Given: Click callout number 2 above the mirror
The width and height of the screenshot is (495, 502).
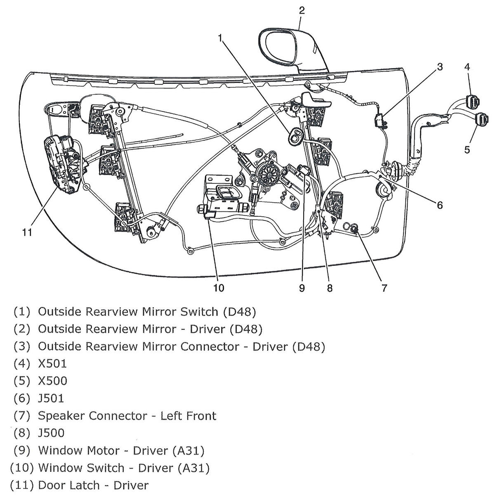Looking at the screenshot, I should click(x=302, y=10).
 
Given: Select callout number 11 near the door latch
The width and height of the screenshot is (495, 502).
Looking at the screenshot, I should click(x=27, y=232).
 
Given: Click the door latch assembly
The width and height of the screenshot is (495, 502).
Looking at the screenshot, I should click(x=63, y=164).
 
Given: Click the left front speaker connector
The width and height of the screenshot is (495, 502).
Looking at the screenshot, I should click(x=354, y=229).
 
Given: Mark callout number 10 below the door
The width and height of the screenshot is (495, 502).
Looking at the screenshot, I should click(x=219, y=288).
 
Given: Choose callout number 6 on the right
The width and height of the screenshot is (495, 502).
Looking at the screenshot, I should click(x=440, y=205).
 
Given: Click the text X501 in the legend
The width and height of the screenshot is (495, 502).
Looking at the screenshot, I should click(x=52, y=364).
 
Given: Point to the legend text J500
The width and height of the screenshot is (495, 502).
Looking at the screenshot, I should click(x=51, y=433).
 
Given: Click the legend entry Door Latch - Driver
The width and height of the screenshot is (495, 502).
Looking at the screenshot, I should click(x=93, y=485).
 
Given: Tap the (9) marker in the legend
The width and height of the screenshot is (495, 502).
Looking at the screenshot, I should click(x=22, y=450).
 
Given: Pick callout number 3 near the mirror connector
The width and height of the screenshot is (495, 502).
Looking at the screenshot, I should click(x=440, y=67).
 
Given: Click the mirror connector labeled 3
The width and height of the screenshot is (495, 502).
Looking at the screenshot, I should click(x=379, y=120).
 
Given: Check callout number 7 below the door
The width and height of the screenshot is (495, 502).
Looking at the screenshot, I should click(x=384, y=288).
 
